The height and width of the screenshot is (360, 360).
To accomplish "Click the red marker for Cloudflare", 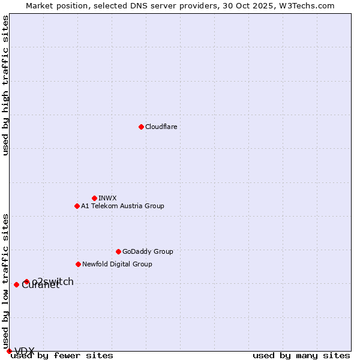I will coord(141,127).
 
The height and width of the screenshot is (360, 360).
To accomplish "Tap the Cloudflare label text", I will coord(161,127).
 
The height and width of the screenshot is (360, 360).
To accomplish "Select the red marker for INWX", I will coord(94,198).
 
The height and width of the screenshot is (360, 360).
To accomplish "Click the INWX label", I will coord(107,198).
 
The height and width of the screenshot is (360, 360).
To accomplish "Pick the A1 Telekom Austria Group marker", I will coord(77,206).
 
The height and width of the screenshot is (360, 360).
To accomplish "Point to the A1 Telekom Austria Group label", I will coord(122,206).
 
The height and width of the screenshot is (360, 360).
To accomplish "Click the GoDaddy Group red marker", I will coord(118,251).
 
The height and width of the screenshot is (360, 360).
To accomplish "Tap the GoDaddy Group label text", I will coord(147,251).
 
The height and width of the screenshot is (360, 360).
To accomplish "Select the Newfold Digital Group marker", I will coord(78,264).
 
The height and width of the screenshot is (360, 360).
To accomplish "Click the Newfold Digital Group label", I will coord(117,264).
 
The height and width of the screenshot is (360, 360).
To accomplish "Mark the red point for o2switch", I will coord(26,281).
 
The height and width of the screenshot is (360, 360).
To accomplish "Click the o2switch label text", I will coord(53,281).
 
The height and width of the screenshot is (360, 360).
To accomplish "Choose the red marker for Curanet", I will coord(16,284).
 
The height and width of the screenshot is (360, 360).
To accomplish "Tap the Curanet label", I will coord(40,286).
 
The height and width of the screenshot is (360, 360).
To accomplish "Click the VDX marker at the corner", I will coord(9,351).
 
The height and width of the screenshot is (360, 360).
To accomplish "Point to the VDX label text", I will coord(25,351).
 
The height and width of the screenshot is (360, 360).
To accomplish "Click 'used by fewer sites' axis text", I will coord(62,355).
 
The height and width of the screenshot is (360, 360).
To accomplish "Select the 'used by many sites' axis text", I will coord(301,355).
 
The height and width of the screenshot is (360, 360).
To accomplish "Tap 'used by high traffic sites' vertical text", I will coord(5,85).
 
